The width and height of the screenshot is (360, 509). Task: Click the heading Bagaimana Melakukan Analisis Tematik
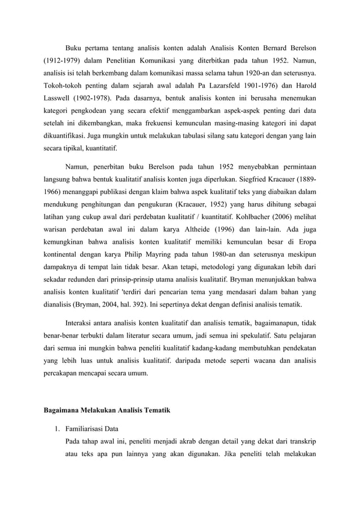pos(107,408)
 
